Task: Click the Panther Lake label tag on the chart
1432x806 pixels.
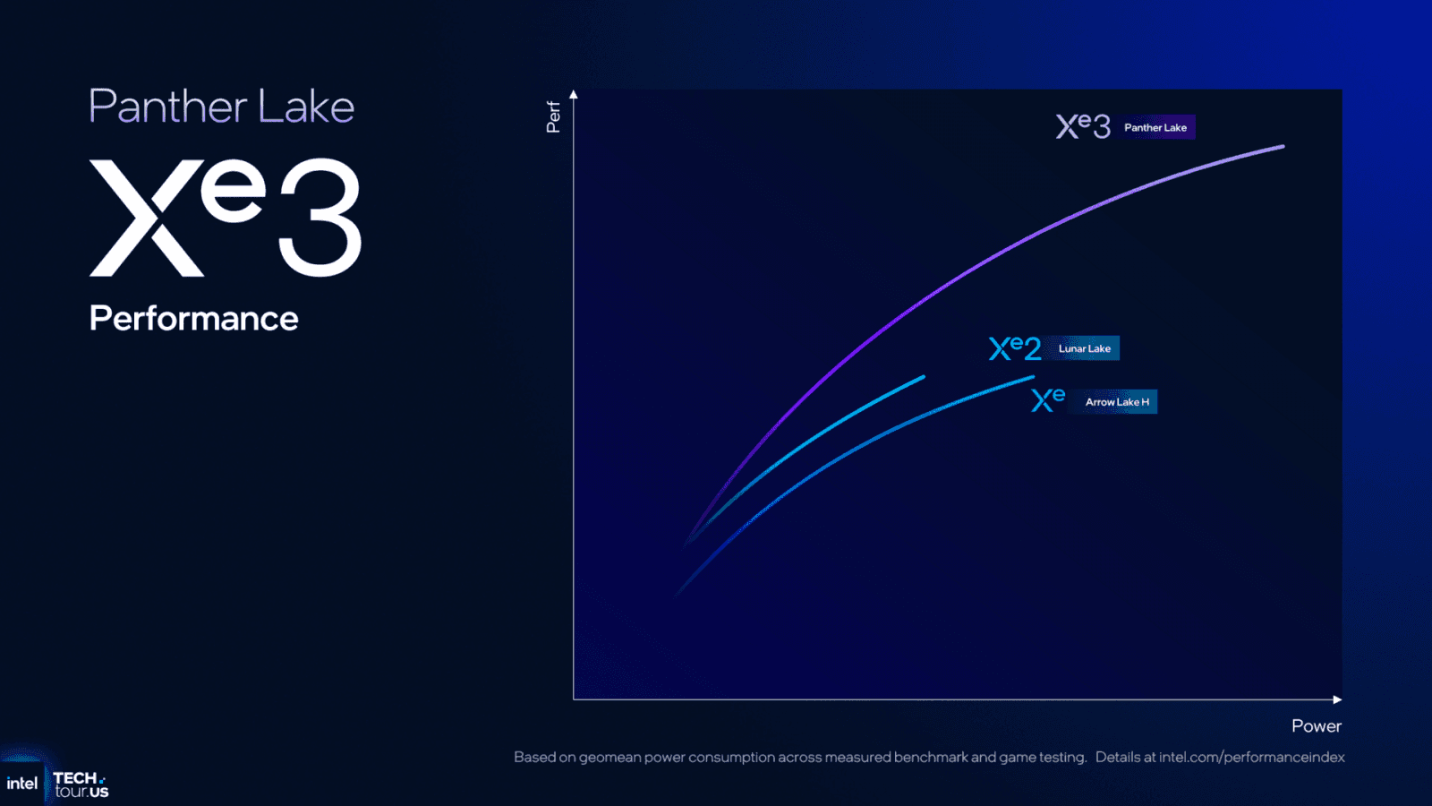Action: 1155,127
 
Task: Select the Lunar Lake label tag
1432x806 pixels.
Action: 1084,348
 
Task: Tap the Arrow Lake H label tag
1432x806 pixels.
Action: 1117,402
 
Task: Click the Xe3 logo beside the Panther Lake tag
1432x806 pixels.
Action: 1083,126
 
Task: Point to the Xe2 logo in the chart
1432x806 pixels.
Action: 1015,347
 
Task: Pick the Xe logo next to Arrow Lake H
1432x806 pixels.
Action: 1048,399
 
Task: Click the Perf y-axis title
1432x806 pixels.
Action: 553,116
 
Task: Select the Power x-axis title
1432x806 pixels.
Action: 1316,726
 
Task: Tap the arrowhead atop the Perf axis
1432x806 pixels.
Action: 574,94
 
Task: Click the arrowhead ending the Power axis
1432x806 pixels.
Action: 1337,699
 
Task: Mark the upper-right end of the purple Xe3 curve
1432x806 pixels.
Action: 1282,147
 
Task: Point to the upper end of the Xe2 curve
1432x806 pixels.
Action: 922,377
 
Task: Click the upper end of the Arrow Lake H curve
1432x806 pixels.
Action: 1032,377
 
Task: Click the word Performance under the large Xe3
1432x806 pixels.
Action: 193,319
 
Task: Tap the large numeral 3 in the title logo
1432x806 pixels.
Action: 320,218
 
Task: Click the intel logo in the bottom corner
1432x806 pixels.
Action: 21,784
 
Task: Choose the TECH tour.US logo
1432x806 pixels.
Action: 81,785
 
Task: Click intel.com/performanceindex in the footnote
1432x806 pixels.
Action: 1251,758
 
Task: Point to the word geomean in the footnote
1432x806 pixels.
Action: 609,758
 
